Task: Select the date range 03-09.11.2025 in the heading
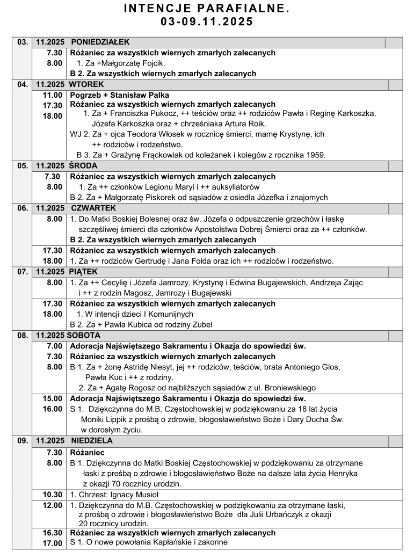(x=207, y=22)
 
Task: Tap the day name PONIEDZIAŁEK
(x=100, y=42)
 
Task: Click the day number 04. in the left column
(x=23, y=84)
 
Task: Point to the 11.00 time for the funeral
(x=54, y=95)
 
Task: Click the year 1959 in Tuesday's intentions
(x=315, y=155)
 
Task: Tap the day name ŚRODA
(x=84, y=165)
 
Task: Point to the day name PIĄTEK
(x=83, y=271)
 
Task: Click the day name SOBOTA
(x=84, y=335)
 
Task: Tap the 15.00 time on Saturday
(x=54, y=398)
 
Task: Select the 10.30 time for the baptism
(x=54, y=495)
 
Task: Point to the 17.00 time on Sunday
(x=54, y=543)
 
